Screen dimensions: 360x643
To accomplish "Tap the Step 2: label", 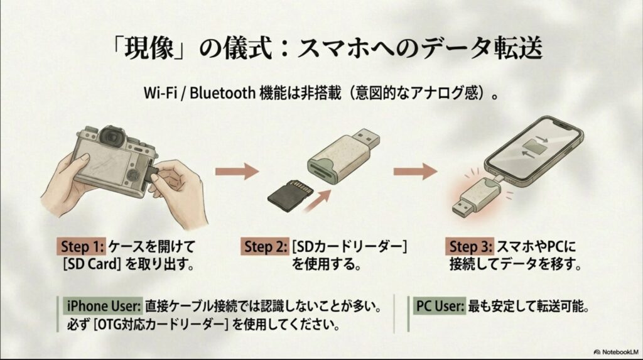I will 265,246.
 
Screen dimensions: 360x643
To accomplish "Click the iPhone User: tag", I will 103,308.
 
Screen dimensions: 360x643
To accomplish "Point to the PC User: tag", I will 439,308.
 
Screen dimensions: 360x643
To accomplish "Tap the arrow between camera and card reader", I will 237,170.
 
